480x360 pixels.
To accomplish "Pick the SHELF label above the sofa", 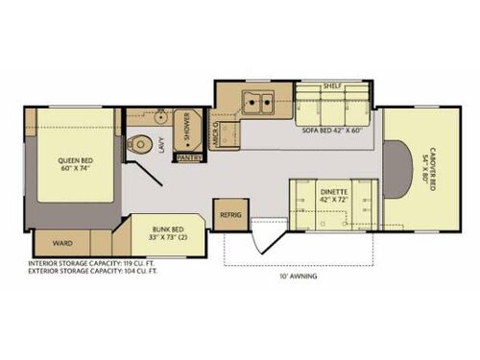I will pos(332,85).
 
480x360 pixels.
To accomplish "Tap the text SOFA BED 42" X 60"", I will pos(329,130).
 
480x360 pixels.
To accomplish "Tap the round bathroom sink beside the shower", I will pos(159,121).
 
